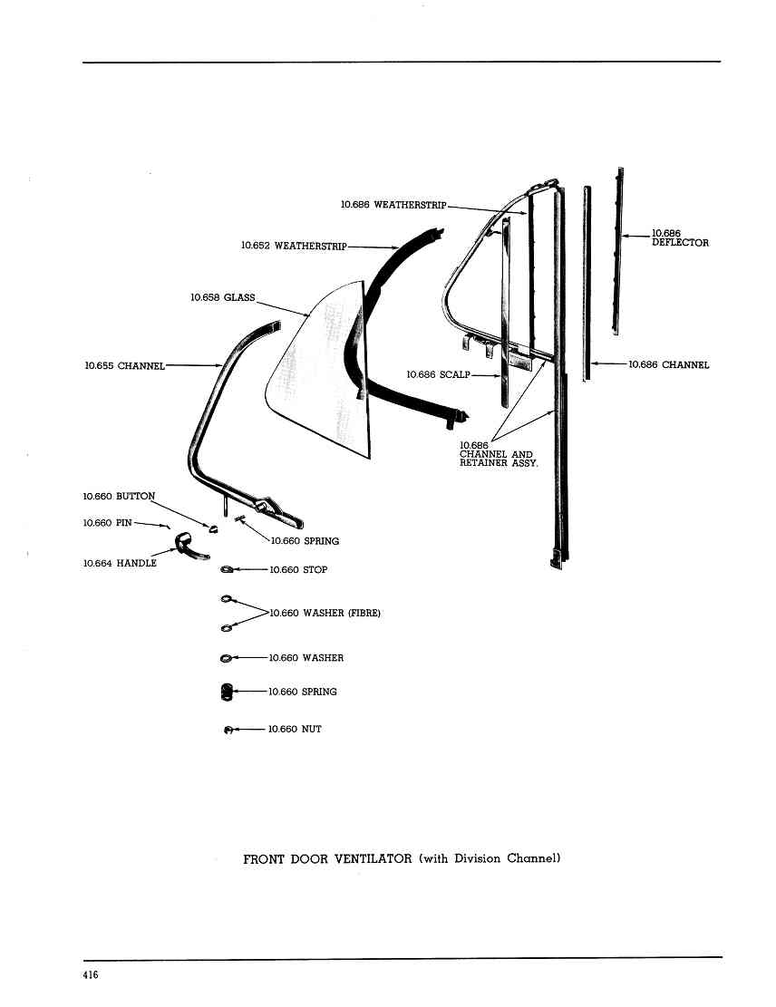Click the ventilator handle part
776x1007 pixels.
coord(190,546)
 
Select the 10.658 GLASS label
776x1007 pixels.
coord(223,297)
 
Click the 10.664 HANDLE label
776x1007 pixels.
coord(120,563)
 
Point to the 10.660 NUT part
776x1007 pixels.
coord(227,730)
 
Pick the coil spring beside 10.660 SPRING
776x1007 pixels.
coord(226,692)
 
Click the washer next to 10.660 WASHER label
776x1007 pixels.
coord(226,658)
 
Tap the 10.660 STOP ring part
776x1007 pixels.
coord(226,569)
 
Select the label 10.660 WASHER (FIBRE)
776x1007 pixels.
coord(325,614)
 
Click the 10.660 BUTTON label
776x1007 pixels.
coord(119,497)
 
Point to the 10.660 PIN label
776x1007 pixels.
coord(107,523)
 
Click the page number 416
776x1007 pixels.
coord(91,975)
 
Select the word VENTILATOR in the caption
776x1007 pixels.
coord(373,858)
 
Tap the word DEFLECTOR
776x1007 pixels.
coord(680,243)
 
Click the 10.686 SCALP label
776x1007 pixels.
coord(438,374)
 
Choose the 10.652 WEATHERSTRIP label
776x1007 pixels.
coord(295,246)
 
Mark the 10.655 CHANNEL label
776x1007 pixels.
coord(124,365)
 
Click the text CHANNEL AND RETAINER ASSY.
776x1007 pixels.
coord(499,459)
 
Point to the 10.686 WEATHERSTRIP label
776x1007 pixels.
coord(393,204)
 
